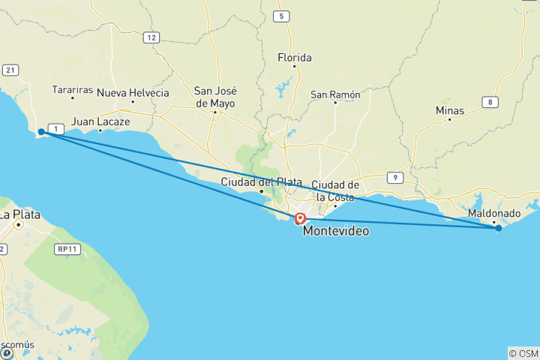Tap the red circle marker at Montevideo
point(300,219)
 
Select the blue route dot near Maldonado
point(498,228)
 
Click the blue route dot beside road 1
point(41,132)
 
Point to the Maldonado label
point(493,214)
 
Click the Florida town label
point(294,58)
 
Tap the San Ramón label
point(335,94)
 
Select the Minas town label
point(450,110)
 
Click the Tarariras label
point(73,90)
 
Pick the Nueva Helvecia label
point(133,93)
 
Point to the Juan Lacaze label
point(100,121)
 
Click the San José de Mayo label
point(214,97)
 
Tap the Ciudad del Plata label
point(261,182)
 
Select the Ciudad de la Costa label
point(337,190)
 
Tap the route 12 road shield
point(151,37)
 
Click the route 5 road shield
point(281,16)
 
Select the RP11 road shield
point(67,249)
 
